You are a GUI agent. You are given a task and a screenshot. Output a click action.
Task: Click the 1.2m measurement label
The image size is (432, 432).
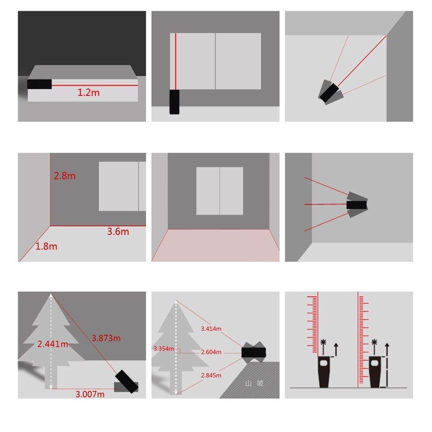[89, 92]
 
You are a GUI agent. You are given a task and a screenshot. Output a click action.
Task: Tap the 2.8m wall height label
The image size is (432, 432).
[64, 176]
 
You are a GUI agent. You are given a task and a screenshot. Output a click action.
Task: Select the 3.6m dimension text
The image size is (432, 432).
[118, 232]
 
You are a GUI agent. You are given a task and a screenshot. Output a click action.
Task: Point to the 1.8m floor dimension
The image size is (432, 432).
[46, 247]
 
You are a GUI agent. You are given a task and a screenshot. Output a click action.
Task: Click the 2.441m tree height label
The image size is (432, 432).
[52, 344]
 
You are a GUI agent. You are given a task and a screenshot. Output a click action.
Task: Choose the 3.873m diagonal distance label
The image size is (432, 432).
[106, 338]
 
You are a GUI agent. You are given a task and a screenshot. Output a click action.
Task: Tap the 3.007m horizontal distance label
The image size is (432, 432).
[90, 394]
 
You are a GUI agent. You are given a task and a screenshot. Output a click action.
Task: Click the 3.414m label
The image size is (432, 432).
[211, 329]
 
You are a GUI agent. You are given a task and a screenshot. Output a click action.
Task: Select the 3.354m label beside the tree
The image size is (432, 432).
[164, 349]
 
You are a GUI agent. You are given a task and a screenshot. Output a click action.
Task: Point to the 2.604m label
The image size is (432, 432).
[211, 352]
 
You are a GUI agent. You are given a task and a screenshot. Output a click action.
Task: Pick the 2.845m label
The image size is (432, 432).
[211, 375]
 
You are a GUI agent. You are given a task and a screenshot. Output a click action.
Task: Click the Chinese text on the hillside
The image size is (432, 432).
[254, 383]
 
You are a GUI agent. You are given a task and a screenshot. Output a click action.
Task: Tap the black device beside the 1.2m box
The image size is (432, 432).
[39, 84]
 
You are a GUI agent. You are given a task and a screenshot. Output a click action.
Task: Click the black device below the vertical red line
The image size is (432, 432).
[175, 102]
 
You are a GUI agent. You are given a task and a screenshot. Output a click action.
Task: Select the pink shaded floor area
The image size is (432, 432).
[215, 245]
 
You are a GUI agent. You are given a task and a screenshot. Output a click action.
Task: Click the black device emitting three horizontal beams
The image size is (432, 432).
[357, 204]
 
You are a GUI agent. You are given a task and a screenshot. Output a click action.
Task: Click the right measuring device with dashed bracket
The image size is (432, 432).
[375, 372]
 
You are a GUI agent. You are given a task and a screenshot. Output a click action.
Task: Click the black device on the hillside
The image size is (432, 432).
[254, 352]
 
